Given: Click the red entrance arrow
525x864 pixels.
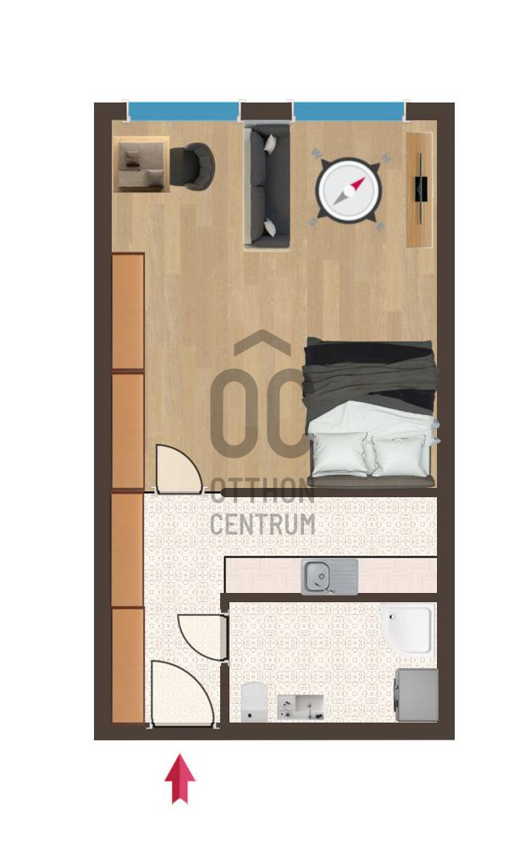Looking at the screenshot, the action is tap(180, 778).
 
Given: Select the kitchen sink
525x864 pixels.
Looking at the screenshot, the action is tap(329, 576).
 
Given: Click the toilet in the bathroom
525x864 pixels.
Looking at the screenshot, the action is tap(254, 701).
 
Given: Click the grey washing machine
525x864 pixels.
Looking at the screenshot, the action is tap(417, 695).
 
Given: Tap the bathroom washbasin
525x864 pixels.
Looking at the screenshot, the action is tap(301, 706).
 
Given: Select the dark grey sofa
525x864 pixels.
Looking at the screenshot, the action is tap(268, 186).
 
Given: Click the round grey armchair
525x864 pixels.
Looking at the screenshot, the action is tap(191, 166).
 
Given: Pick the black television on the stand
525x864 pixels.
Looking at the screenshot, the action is tap(422, 188).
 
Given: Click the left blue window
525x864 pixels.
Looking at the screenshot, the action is tap(184, 111).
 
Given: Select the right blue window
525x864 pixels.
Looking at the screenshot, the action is tap(349, 111).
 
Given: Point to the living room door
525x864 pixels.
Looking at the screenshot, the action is tap(177, 469).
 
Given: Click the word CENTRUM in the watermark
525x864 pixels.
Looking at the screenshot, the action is tap(262, 524).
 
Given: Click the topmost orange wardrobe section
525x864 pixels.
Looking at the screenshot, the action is tap(128, 312).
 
